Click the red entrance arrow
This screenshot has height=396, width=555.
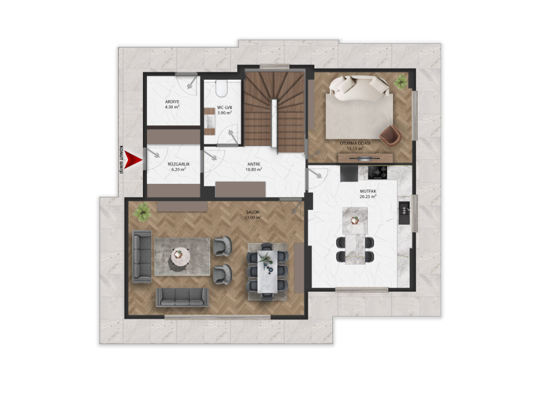coord(134,160)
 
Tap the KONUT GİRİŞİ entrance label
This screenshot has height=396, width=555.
coord(121,160)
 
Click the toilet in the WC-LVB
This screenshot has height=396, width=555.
coord(222,88)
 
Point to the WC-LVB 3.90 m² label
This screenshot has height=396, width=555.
coord(225,110)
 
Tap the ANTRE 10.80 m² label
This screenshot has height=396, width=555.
coord(254,167)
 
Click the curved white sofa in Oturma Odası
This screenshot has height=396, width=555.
coord(359,88)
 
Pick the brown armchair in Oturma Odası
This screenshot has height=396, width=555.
coord(391,135)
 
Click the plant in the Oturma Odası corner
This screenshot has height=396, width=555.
coord(401,82)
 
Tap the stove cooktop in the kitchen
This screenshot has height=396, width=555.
coord(377,173)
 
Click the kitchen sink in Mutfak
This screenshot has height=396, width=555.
coord(404,213)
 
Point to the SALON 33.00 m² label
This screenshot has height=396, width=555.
coord(253,215)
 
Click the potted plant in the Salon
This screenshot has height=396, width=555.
coord(142,212)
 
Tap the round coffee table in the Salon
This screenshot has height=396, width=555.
coord(180,255)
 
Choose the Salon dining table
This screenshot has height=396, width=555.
coord(267,271)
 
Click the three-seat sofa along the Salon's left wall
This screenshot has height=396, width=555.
coord(142,257)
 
